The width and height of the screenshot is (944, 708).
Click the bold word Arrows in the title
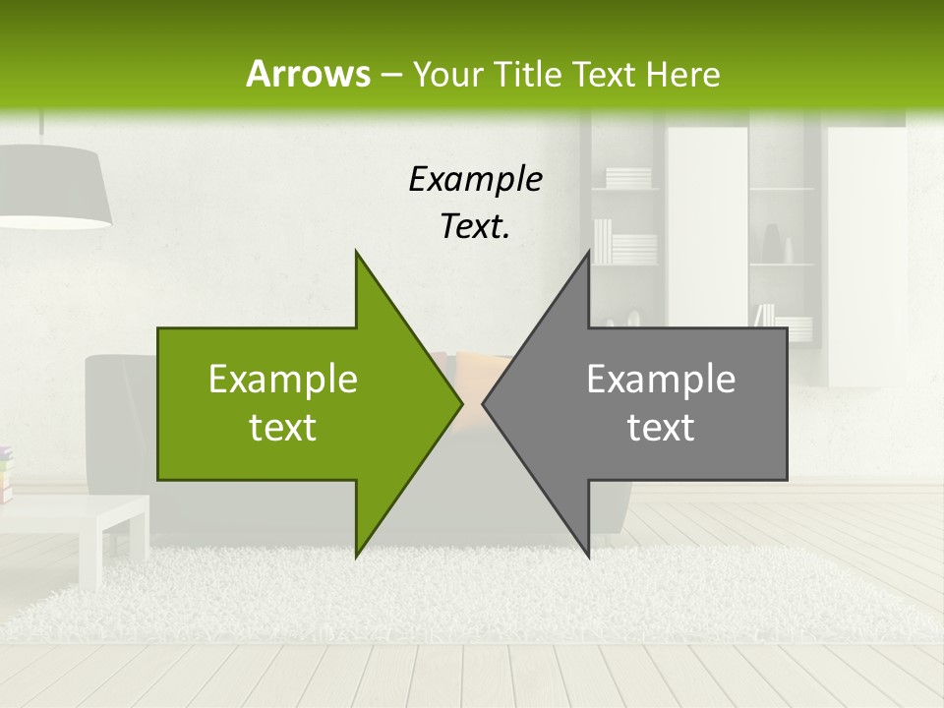[309, 74]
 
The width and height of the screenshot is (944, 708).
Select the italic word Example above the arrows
[475, 180]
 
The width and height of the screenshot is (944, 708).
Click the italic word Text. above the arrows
[475, 226]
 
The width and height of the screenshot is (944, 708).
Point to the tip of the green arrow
[460, 403]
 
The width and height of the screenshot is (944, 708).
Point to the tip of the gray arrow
[485, 403]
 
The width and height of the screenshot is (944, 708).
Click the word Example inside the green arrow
[283, 380]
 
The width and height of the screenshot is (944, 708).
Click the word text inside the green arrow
[283, 428]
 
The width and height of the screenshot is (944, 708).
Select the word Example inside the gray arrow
[661, 380]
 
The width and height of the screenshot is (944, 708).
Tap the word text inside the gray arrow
[661, 428]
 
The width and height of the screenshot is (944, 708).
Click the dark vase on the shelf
[772, 245]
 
